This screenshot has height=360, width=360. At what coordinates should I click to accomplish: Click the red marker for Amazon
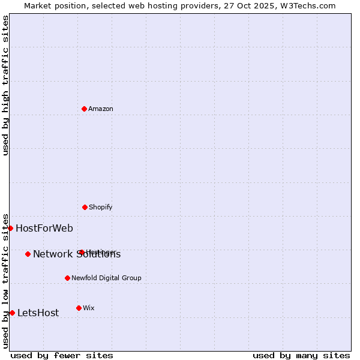pyautogui.click(x=84, y=109)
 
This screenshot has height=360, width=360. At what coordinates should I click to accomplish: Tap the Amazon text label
pyautogui.click(x=101, y=109)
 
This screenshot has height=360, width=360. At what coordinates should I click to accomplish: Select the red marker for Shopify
pyautogui.click(x=85, y=207)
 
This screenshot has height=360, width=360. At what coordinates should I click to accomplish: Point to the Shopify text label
pyautogui.click(x=101, y=207)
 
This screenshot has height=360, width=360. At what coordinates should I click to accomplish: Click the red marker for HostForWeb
pyautogui.click(x=10, y=228)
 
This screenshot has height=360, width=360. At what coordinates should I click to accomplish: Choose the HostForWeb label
pyautogui.click(x=44, y=228)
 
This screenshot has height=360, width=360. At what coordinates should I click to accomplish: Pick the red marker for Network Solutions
pyautogui.click(x=28, y=254)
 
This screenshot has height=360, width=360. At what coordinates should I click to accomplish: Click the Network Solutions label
pyautogui.click(x=77, y=254)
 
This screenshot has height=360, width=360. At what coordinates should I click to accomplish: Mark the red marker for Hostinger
pyautogui.click(x=82, y=252)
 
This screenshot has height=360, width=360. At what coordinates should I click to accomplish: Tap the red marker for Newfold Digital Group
pyautogui.click(x=67, y=278)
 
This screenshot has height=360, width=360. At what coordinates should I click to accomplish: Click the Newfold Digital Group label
pyautogui.click(x=106, y=278)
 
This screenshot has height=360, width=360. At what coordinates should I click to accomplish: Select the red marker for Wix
pyautogui.click(x=79, y=308)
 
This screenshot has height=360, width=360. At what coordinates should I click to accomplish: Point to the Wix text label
pyautogui.click(x=89, y=308)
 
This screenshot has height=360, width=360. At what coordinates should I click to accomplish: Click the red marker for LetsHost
pyautogui.click(x=12, y=313)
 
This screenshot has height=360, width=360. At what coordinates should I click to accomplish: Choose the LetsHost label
pyautogui.click(x=38, y=313)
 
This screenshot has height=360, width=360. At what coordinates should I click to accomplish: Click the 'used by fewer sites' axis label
pyautogui.click(x=62, y=355)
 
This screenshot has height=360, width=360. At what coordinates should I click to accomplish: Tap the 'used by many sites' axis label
pyautogui.click(x=301, y=355)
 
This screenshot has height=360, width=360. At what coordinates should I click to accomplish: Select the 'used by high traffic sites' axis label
pyautogui.click(x=6, y=85)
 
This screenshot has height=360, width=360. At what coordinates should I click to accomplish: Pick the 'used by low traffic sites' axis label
pyautogui.click(x=6, y=281)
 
